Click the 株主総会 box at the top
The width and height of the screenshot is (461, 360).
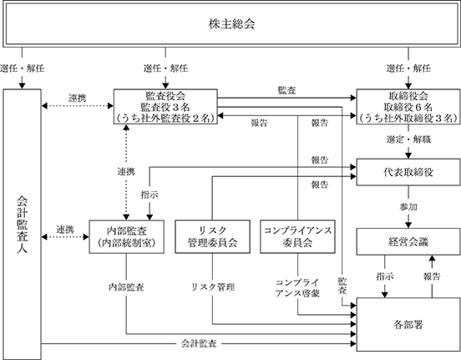(x=231, y=23)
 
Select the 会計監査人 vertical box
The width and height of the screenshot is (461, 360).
(x=22, y=224)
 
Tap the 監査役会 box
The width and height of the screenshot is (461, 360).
(x=165, y=106)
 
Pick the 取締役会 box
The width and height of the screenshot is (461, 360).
(x=408, y=106)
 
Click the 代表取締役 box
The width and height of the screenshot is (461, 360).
(x=408, y=172)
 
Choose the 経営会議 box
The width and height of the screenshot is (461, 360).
(x=408, y=241)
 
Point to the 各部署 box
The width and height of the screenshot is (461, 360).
(x=408, y=324)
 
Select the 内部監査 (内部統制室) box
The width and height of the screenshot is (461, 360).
(x=126, y=236)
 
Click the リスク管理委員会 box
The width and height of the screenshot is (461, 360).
(x=213, y=236)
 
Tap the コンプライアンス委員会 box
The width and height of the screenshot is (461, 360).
(x=297, y=236)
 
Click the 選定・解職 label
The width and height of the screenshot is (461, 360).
(x=408, y=139)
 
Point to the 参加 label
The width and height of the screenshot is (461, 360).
(x=408, y=207)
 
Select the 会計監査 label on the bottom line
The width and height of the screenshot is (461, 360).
(x=199, y=343)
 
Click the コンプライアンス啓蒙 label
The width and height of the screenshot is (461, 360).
(x=297, y=288)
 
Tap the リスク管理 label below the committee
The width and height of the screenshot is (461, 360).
(x=213, y=287)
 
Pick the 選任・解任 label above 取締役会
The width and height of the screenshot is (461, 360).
(x=408, y=68)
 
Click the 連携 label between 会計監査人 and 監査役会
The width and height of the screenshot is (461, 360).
(x=78, y=98)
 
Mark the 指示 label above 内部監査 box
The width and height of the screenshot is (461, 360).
(x=149, y=195)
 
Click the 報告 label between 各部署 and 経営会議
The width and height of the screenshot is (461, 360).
(x=432, y=276)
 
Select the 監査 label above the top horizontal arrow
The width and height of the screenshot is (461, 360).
(x=286, y=90)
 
